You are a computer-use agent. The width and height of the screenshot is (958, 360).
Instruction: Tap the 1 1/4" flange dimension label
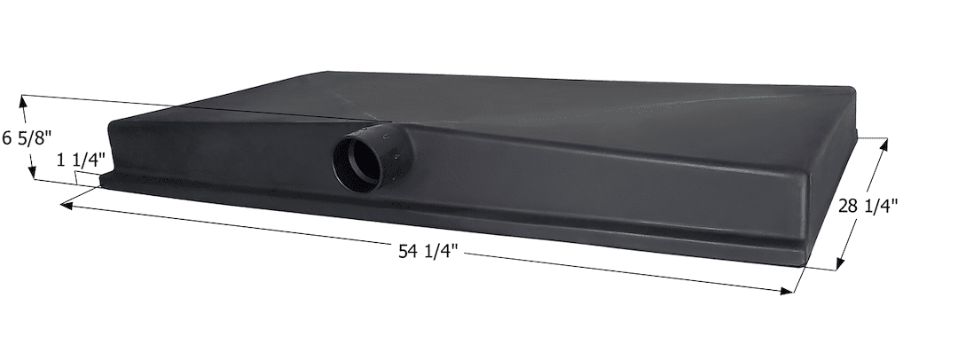[82, 160]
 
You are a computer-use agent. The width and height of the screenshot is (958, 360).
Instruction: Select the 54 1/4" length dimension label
[428, 251]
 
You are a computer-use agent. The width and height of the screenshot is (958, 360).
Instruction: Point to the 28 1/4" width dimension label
[868, 206]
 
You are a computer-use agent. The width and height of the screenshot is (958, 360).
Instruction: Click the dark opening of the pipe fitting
[356, 162]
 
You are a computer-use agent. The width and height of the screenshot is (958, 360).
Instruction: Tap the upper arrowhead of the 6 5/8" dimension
[24, 101]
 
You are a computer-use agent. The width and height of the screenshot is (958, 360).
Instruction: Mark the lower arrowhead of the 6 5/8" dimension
[33, 173]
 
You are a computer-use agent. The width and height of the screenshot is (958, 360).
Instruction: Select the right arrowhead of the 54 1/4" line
[786, 291]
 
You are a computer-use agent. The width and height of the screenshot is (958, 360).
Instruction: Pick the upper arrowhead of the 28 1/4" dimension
[883, 145]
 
